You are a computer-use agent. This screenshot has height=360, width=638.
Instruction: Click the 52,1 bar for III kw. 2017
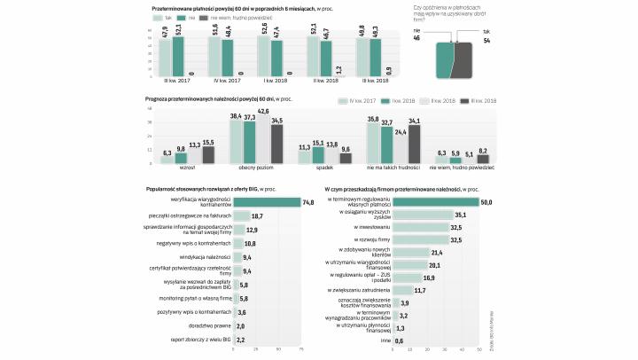tap(178, 56)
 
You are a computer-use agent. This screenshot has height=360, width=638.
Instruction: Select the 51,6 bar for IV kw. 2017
tap(215, 56)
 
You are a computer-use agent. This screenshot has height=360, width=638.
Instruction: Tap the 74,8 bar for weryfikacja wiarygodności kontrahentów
tap(266, 202)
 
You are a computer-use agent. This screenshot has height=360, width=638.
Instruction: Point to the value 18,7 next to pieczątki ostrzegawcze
tap(257, 215)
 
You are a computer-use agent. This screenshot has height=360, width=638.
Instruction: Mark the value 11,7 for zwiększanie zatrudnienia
tap(420, 290)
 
